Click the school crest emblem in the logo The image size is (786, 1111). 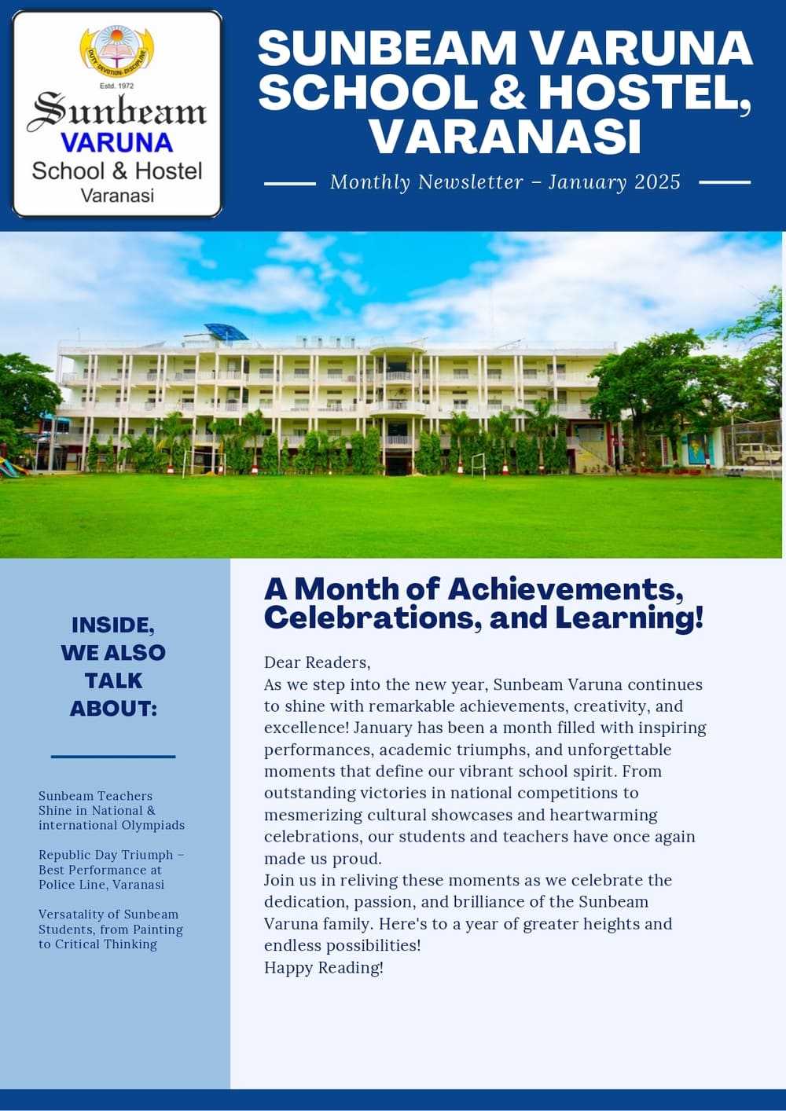tap(117, 51)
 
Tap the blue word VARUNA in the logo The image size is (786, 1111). tap(117, 142)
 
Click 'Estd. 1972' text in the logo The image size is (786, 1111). tap(117, 85)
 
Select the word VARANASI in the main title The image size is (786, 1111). tap(505, 136)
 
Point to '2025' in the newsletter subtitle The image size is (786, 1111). tap(657, 182)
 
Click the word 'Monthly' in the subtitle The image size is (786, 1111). tap(370, 182)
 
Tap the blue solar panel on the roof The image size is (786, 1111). tap(226, 332)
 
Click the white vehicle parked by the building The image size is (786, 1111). tap(757, 453)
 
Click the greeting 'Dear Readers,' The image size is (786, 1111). tap(317, 662)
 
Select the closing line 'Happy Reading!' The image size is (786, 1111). tap(323, 967)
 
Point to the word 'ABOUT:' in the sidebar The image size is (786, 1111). tap(113, 709)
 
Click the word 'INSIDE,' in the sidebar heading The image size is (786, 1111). tap(113, 625)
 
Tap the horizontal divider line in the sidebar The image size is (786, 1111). tap(113, 757)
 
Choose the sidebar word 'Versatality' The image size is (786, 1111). tap(69, 915)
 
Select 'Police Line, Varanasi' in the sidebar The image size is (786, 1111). tap(101, 885)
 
